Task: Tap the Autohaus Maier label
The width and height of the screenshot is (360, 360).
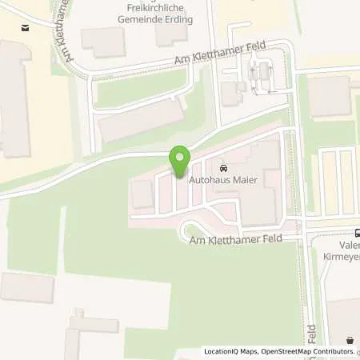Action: click(x=222, y=181)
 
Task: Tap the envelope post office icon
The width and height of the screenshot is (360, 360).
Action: click(x=26, y=28)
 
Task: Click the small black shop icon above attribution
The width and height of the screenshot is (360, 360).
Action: click(x=350, y=340)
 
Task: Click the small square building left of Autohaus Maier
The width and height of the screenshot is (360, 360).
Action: click(x=142, y=194)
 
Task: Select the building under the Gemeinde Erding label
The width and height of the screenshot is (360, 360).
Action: click(x=171, y=33)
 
